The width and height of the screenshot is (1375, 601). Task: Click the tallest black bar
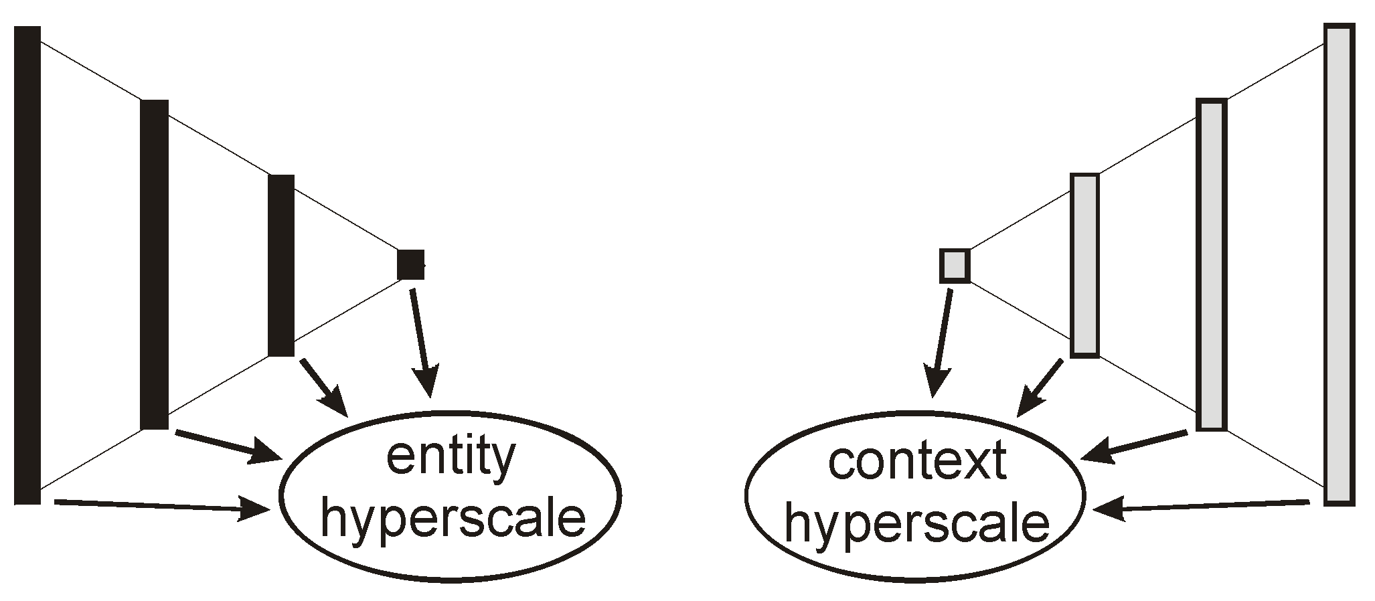[x=27, y=265]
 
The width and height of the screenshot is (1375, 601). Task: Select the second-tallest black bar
[x=155, y=264]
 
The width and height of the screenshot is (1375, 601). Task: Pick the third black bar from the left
[x=281, y=265]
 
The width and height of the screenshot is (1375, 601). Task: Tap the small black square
[x=410, y=264]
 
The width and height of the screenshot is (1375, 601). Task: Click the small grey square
[x=955, y=265]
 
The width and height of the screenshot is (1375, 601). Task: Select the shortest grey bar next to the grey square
[x=1084, y=265]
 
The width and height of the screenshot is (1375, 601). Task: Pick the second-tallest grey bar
[x=1212, y=264]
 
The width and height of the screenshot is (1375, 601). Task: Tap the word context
[x=917, y=462]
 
